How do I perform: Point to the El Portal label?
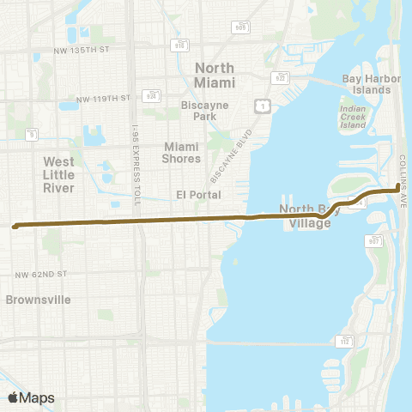[193, 194]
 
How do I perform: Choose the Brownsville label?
[37, 300]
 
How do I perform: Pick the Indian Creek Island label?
[353, 115]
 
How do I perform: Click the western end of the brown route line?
[15, 227]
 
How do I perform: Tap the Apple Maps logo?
[31, 397]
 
